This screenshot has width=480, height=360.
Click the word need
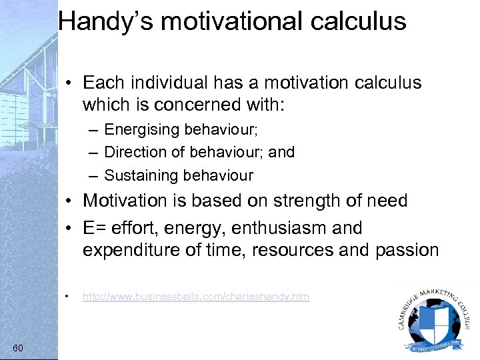(x=387, y=201)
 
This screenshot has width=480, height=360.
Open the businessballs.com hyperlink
(x=196, y=297)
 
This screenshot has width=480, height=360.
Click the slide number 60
(x=18, y=348)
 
